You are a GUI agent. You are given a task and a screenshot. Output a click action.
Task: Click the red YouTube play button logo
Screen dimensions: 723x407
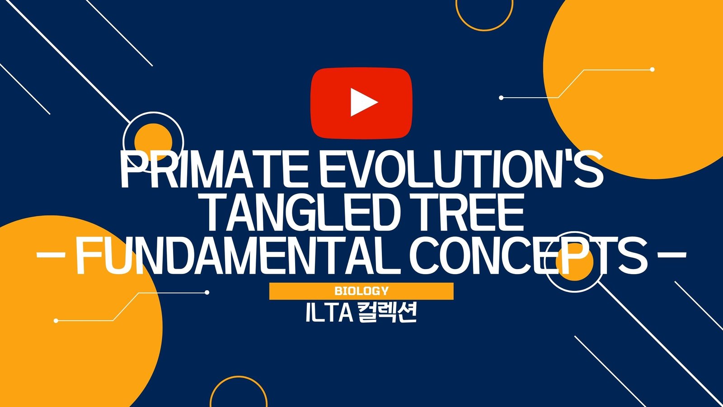click(x=361, y=104)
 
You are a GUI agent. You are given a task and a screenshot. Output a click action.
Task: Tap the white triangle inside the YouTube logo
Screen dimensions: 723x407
click(x=364, y=102)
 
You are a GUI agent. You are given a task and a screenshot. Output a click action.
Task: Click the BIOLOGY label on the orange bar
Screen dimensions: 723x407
click(x=361, y=291)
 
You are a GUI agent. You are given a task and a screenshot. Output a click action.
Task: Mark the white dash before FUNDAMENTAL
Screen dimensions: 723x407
click(x=51, y=255)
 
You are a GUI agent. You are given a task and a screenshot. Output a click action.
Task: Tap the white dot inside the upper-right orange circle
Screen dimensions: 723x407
click(x=652, y=70)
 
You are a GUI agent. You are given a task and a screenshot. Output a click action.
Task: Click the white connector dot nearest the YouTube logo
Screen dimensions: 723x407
click(x=501, y=98)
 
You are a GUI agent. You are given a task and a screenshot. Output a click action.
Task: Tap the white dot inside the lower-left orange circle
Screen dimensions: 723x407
click(x=56, y=321)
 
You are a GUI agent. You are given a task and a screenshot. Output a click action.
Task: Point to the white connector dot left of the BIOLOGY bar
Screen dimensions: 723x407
click(x=207, y=292)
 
